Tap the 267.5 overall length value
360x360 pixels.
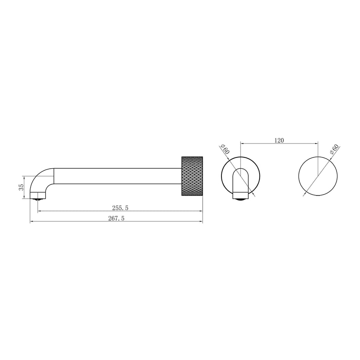[x=116, y=218]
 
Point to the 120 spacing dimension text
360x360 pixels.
[x=279, y=141]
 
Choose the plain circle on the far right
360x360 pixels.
[x=318, y=176]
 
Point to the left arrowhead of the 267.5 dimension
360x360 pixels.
[x=32, y=221]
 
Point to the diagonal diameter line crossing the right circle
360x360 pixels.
[x=312, y=185]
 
